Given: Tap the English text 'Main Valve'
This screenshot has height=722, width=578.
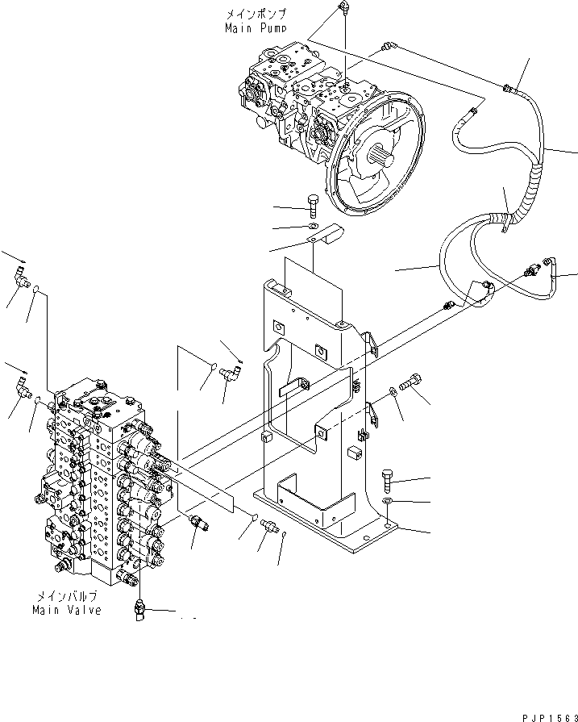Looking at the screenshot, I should (67, 610).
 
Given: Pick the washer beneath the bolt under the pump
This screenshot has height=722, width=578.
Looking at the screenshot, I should (313, 227).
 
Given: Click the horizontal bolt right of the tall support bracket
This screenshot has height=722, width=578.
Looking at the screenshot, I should (410, 385).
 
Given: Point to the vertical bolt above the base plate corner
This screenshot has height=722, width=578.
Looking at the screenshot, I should (386, 481).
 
